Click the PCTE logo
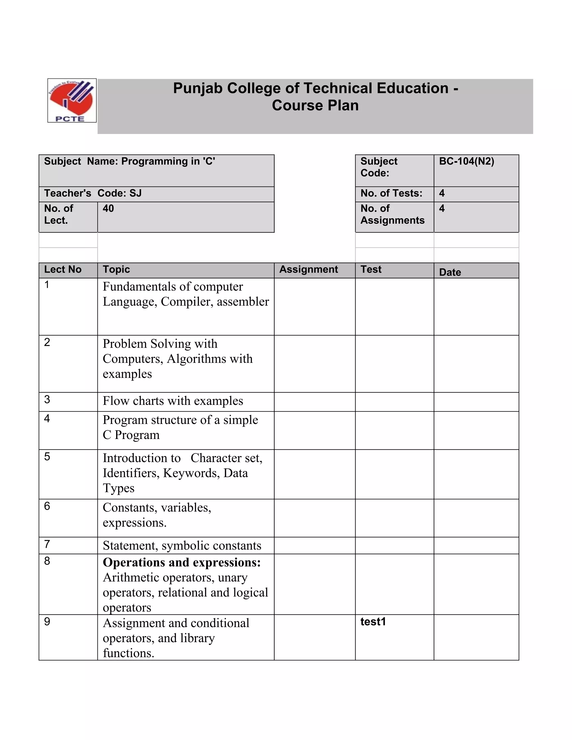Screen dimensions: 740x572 pyautogui.click(x=72, y=101)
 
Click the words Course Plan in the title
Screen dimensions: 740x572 pyautogui.click(x=315, y=105)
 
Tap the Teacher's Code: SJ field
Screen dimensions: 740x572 pyautogui.click(x=93, y=193)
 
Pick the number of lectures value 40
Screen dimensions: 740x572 pyautogui.click(x=108, y=208)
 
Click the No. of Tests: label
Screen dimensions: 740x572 pyautogui.click(x=391, y=193)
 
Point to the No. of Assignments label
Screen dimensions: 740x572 pyautogui.click(x=392, y=214)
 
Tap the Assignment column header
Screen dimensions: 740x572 pyautogui.click(x=308, y=269)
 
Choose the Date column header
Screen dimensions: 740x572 pyautogui.click(x=450, y=272)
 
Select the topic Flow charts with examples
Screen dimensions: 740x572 pyautogui.click(x=173, y=401)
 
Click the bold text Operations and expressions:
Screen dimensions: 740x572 pyautogui.click(x=182, y=562)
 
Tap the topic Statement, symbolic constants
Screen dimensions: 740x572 pyautogui.click(x=182, y=546)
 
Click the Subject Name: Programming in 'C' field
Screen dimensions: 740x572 pyautogui.click(x=129, y=161)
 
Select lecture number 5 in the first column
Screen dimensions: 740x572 pyautogui.click(x=47, y=457)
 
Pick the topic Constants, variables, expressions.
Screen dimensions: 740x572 pyautogui.click(x=157, y=515)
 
